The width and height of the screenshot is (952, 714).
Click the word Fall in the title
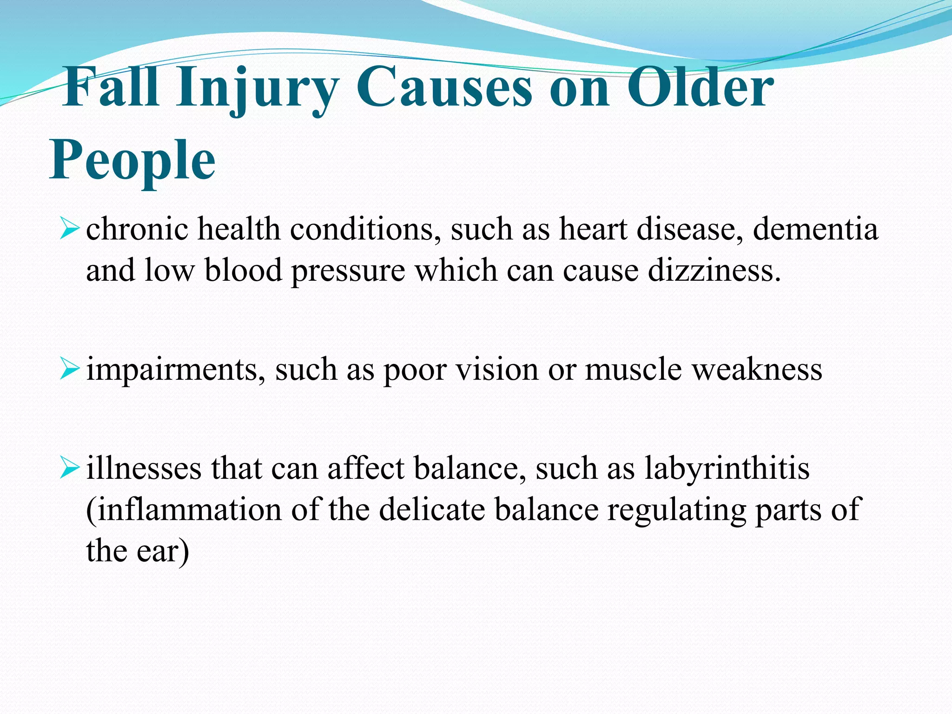point(112,87)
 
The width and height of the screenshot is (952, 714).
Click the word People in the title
point(132,160)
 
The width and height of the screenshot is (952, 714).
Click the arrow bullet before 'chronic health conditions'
point(70,230)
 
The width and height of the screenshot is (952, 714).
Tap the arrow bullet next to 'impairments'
point(70,370)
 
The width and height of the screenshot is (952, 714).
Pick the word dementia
point(815,229)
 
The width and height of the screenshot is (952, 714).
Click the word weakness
point(757,370)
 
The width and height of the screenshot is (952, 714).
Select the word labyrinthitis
point(727,469)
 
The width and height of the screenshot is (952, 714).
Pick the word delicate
point(432,509)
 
